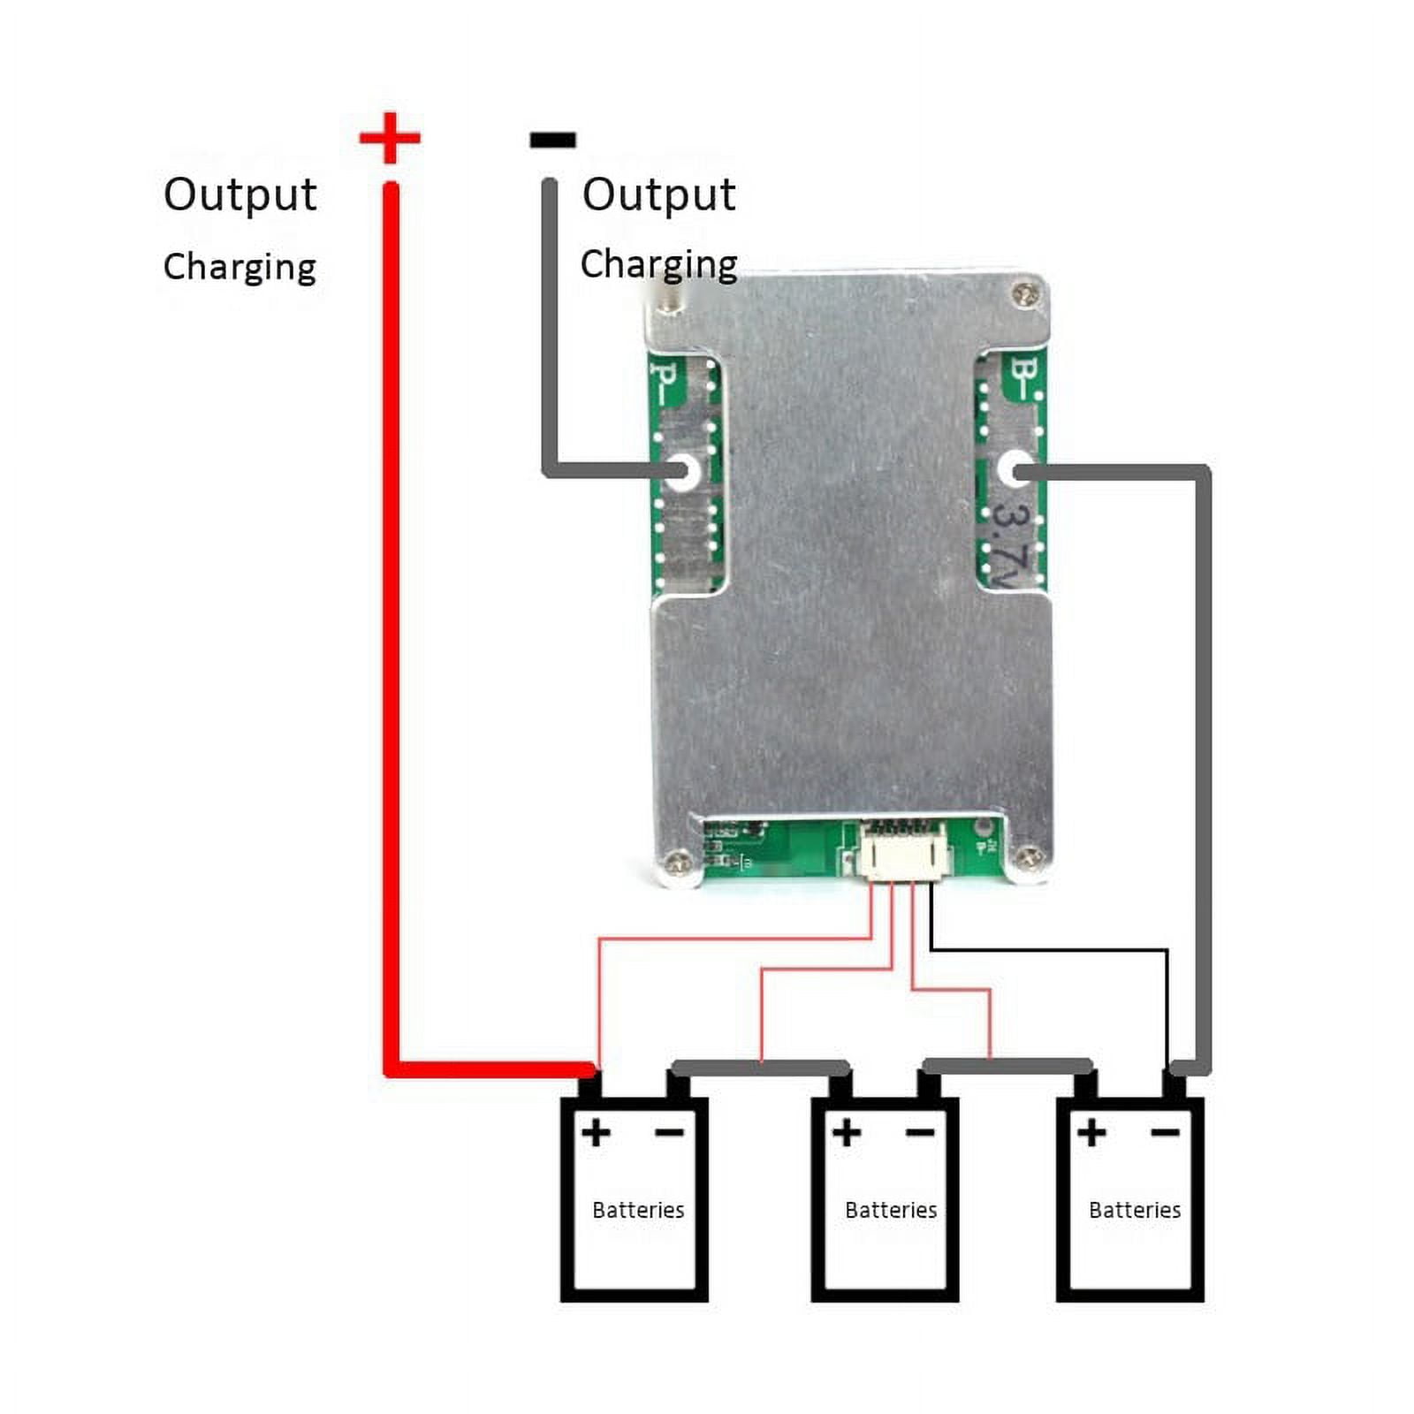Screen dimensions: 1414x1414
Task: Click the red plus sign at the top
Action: [x=390, y=138]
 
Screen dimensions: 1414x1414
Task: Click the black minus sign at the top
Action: [x=552, y=140]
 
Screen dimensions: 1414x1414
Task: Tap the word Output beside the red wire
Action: [x=239, y=194]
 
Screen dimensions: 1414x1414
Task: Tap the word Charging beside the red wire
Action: [x=239, y=267]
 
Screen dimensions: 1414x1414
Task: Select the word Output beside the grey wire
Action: [x=658, y=194]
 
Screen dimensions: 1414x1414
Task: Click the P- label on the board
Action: [x=665, y=378]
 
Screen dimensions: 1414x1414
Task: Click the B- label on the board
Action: [x=1025, y=378]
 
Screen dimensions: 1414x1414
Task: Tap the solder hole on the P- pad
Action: [x=681, y=470]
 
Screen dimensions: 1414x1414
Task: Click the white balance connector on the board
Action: [x=903, y=855]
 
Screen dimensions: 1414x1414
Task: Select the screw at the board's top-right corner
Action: [x=1025, y=294]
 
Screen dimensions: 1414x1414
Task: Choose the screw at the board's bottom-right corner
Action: [x=1028, y=856]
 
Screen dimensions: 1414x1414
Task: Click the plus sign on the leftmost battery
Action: [x=596, y=1132]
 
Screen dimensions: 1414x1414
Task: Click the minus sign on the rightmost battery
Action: [x=1166, y=1133]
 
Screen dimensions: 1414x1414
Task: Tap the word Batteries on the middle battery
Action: [x=890, y=1210]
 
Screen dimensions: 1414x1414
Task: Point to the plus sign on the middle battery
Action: [x=846, y=1132]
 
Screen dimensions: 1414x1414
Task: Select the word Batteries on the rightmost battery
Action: [x=1134, y=1210]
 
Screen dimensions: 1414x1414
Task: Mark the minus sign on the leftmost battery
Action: [x=669, y=1133]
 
